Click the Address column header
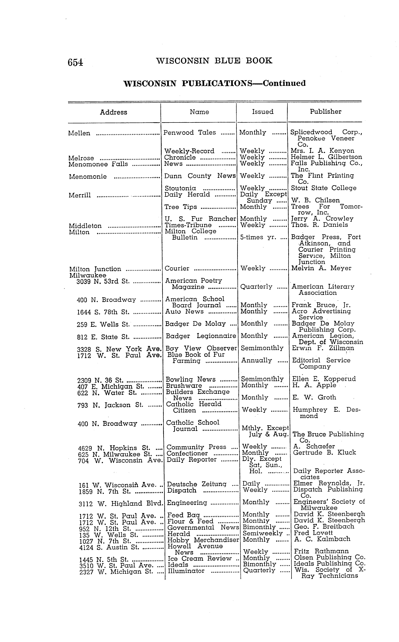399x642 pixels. click(x=114, y=112)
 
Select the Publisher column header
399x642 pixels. click(x=325, y=112)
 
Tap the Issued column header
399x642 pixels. click(x=263, y=112)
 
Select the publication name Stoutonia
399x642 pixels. click(x=180, y=188)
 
